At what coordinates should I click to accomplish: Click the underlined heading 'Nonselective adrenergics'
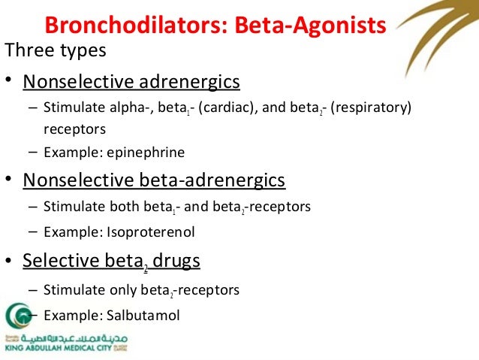(x=131, y=81)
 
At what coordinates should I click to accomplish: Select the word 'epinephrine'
(x=146, y=153)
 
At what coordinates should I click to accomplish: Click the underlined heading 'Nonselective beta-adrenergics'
(x=154, y=180)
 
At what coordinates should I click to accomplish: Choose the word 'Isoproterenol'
(x=151, y=232)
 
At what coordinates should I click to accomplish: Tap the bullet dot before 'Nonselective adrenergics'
(x=9, y=81)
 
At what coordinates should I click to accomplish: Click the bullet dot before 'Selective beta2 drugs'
(x=9, y=260)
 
